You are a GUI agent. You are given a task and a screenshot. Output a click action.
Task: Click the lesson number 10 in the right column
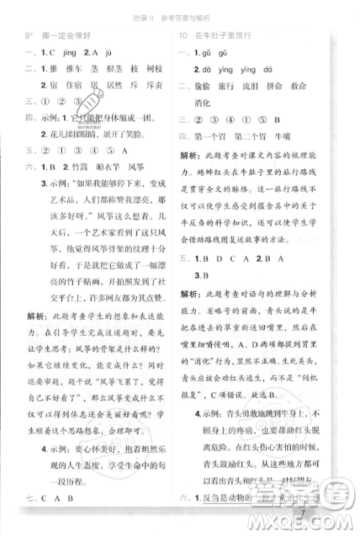point(183,35)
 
